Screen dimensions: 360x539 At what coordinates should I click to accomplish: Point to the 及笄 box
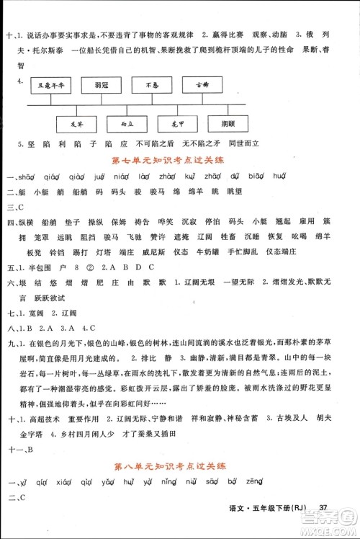[x=77, y=123]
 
